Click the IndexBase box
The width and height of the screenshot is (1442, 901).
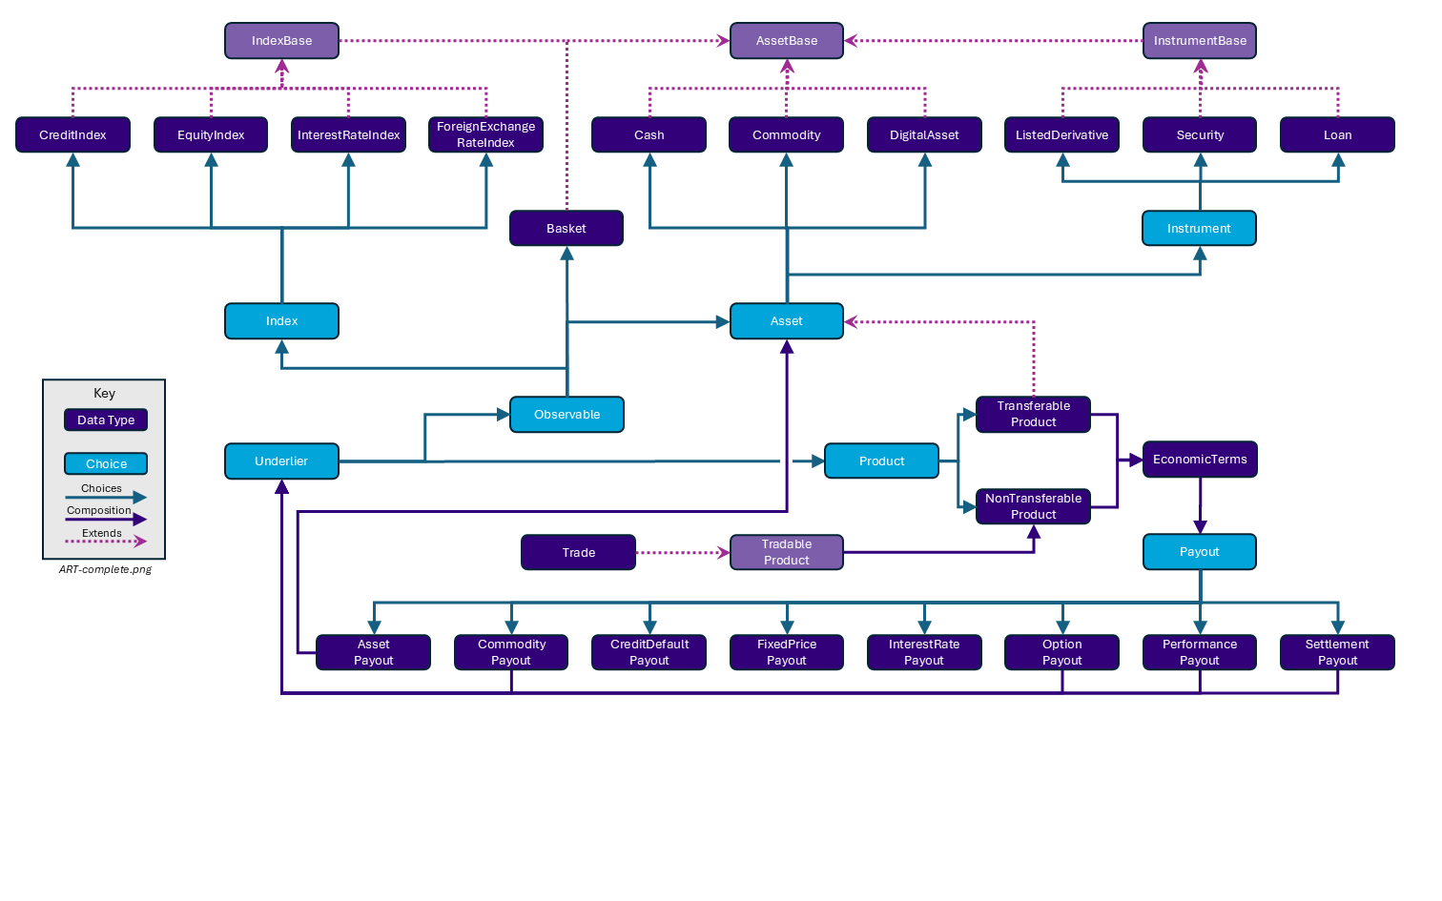pos(281,41)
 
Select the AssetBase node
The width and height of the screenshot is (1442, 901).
pos(787,41)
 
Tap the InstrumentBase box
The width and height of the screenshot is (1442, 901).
pos(1200,41)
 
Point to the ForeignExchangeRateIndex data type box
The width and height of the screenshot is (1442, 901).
pos(485,134)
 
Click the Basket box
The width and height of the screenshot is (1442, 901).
pos(566,228)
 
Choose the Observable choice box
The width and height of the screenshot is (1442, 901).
pos(566,415)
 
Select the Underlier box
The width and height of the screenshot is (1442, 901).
pos(281,461)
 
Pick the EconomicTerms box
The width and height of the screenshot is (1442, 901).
pos(1200,460)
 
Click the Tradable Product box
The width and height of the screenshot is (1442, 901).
pos(787,552)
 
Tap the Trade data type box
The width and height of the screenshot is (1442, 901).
pos(578,552)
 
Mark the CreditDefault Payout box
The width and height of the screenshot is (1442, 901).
pos(649,652)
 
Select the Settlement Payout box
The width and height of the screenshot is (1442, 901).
pos(1337,652)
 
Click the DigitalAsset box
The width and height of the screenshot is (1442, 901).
pos(924,134)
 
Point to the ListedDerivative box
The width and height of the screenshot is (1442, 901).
pos(1061,134)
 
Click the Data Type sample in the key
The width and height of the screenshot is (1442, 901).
pos(106,420)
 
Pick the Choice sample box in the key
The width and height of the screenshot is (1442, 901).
pos(106,464)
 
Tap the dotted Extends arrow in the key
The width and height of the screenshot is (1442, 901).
pos(105,542)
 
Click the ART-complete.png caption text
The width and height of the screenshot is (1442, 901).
pos(105,569)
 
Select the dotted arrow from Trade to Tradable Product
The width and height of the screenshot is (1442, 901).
pos(682,552)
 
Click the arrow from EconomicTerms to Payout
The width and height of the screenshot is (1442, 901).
pos(1200,505)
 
